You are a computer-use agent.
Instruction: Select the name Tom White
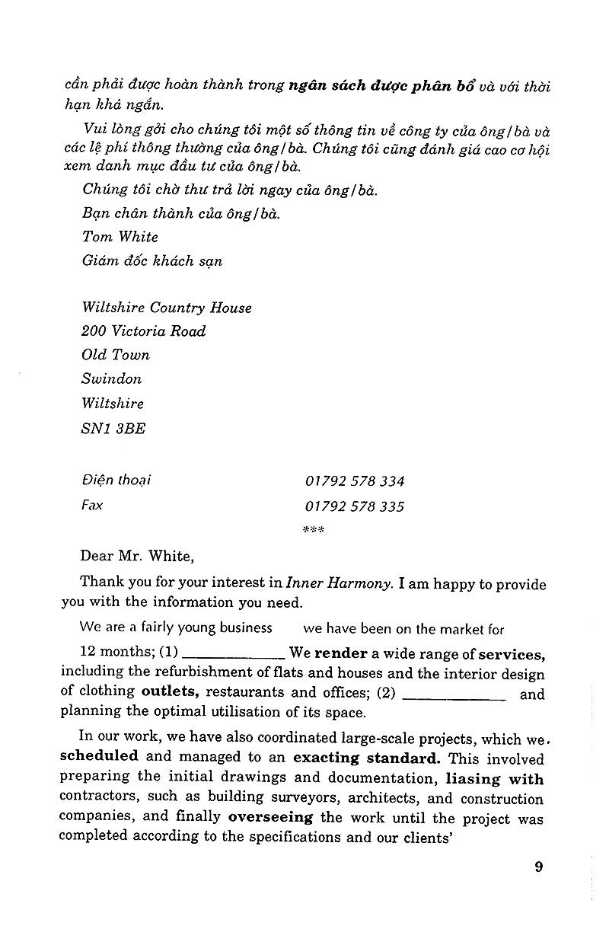point(120,237)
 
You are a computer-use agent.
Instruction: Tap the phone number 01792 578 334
point(355,481)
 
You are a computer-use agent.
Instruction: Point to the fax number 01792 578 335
point(355,506)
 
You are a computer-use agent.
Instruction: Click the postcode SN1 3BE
point(113,428)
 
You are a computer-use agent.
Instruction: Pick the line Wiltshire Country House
point(166,308)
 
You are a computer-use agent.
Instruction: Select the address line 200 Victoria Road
point(143,331)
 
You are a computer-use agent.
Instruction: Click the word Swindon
point(111,379)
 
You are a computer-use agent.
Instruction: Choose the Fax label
point(92,506)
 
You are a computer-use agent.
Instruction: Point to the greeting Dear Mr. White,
point(137,556)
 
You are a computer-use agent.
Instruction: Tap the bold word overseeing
point(270,817)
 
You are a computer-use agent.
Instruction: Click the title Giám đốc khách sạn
point(151,260)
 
